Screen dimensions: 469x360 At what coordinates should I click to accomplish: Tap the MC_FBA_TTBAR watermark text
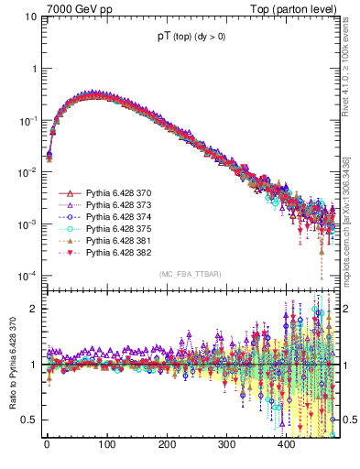[x=191, y=275]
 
